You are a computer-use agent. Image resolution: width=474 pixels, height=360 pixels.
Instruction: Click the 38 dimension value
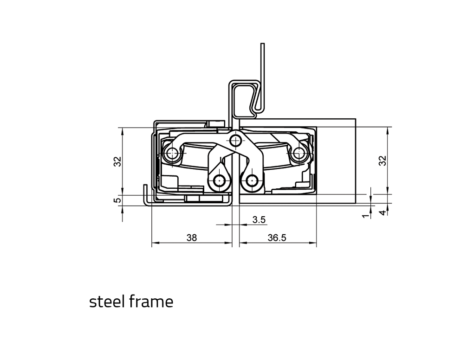192,238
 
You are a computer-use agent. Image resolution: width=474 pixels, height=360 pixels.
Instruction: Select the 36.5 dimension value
277,238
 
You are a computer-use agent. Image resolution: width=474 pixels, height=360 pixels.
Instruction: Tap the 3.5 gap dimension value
259,219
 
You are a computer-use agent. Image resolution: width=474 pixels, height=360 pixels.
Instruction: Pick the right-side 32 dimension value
383,161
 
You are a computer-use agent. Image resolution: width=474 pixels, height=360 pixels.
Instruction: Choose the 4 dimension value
383,212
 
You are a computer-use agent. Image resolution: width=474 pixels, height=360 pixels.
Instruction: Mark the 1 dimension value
366,216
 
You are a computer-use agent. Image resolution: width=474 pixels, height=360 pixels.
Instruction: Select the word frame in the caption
151,301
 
